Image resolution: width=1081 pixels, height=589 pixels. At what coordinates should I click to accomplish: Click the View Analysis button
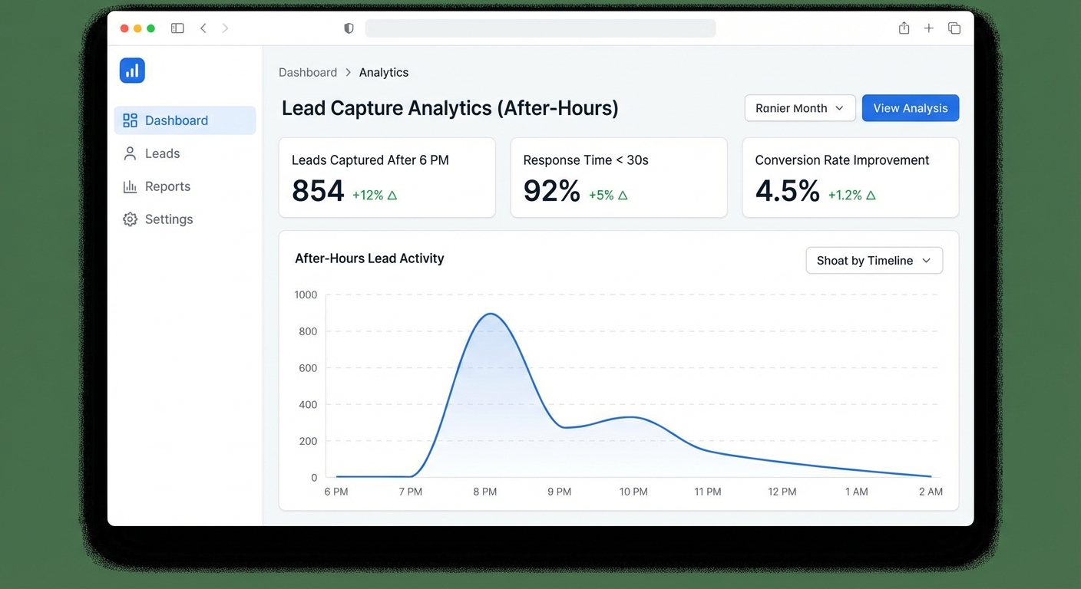tap(910, 108)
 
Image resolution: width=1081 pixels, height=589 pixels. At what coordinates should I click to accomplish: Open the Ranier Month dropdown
tap(799, 108)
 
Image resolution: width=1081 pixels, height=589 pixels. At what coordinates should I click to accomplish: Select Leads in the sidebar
tap(162, 153)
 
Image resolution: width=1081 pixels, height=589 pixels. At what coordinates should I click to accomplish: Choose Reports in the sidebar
tap(167, 186)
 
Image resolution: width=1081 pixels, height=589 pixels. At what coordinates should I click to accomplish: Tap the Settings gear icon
tap(131, 219)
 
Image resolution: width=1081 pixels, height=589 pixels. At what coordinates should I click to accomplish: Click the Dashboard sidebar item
tap(177, 120)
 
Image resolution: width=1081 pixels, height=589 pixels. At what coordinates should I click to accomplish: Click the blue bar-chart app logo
tap(132, 71)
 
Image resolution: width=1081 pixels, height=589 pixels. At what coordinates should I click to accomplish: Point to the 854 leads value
tap(318, 191)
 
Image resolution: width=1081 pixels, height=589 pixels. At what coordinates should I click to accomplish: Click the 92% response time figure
tap(551, 191)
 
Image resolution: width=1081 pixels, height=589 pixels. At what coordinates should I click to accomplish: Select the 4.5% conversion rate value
tap(787, 191)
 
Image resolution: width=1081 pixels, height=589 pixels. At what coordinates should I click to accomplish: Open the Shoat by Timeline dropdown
tap(874, 261)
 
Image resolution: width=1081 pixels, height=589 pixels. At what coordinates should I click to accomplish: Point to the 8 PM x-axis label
tap(484, 492)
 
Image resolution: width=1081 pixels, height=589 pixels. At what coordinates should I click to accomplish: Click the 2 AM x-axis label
tap(930, 492)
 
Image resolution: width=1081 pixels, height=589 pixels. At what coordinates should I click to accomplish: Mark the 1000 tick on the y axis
tap(306, 294)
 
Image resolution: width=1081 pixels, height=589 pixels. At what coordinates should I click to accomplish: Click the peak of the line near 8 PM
tap(490, 314)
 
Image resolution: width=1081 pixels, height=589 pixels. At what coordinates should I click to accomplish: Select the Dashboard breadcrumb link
tap(308, 72)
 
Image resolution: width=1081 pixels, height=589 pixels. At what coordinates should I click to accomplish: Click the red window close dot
tap(124, 28)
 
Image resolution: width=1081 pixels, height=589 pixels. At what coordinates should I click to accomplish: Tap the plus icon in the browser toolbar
tap(929, 28)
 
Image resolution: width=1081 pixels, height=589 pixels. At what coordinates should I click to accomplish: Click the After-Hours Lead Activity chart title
tap(369, 258)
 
